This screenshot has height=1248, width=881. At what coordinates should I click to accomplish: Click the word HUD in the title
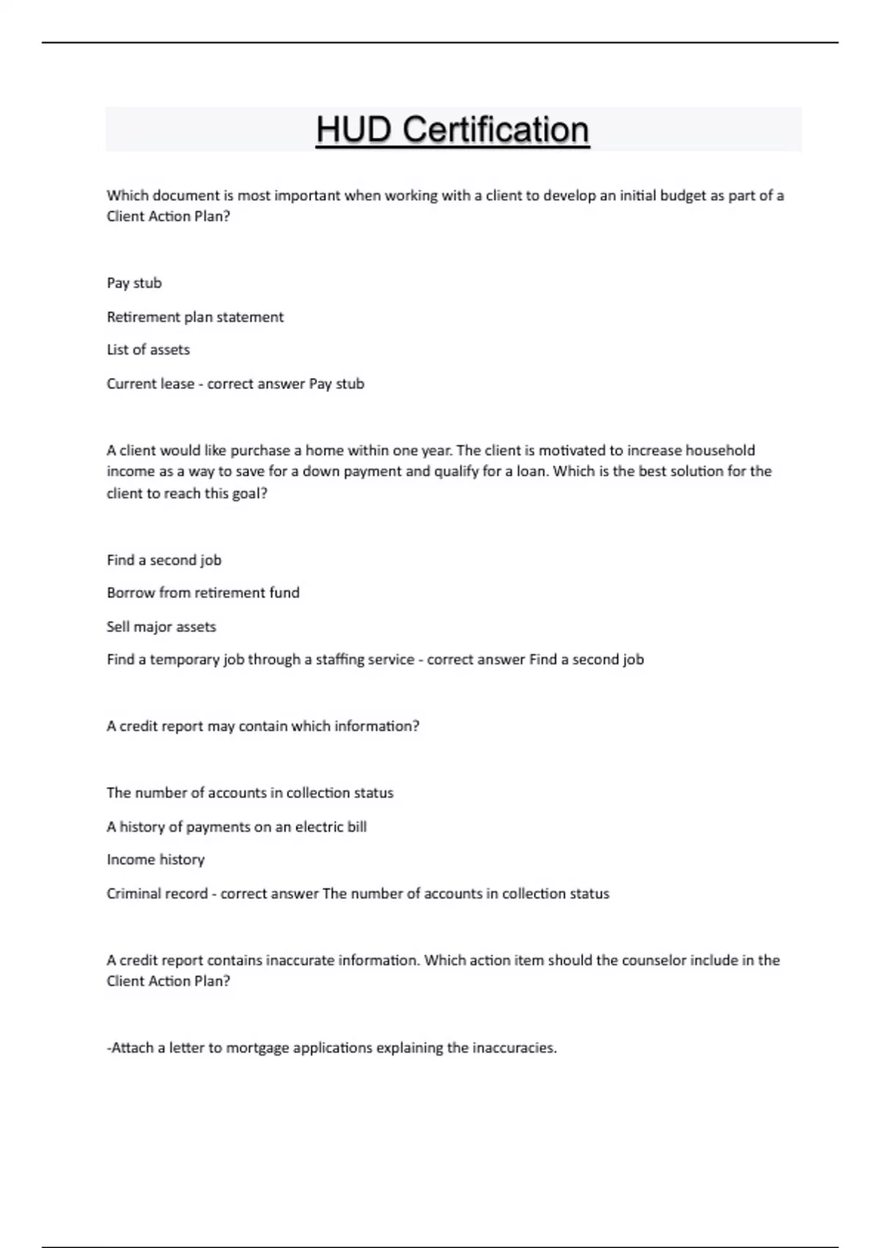coord(354,130)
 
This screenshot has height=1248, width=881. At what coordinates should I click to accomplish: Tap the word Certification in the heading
coord(496,130)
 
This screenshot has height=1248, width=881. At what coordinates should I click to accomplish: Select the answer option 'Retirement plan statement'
coord(195,317)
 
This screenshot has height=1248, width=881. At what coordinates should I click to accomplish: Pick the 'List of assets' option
coord(148,350)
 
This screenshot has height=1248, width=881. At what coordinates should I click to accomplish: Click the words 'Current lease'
coord(151,384)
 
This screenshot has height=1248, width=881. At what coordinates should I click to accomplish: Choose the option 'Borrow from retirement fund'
coord(203,592)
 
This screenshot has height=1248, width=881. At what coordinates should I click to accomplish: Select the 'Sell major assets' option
coord(161,627)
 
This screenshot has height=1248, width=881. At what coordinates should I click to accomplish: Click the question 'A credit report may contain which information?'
coord(263,726)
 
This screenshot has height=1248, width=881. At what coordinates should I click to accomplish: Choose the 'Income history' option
coord(156,860)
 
